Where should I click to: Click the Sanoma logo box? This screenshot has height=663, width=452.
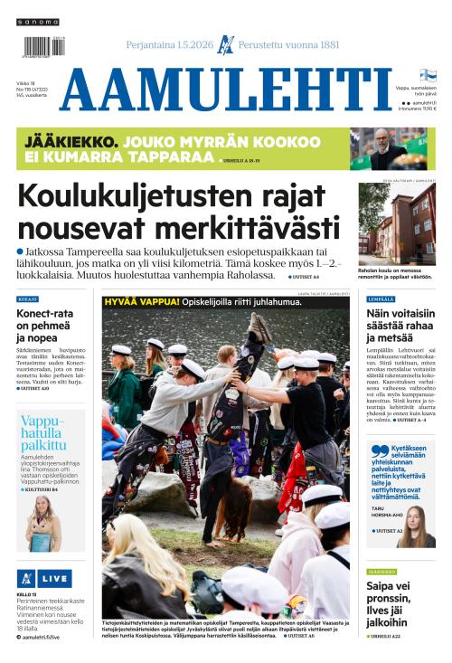pyautogui.click(x=37, y=21)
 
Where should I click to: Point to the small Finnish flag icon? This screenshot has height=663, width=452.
pyautogui.click(x=428, y=75)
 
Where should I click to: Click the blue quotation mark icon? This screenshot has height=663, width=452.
pyautogui.click(x=381, y=450)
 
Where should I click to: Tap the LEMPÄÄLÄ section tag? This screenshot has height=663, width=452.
pyautogui.click(x=381, y=299)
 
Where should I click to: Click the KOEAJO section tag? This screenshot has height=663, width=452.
pyautogui.click(x=28, y=299)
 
